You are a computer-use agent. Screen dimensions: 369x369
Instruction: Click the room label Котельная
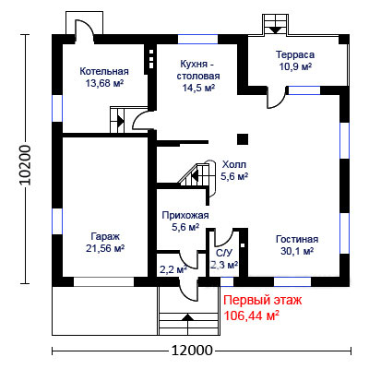pos(104,71)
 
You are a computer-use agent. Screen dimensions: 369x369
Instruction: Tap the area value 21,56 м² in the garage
pos(105,248)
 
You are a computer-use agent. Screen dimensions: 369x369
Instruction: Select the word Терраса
pos(295,55)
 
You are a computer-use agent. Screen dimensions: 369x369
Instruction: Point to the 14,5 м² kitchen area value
pos(198,88)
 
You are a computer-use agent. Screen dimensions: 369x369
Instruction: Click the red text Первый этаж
pos(263,300)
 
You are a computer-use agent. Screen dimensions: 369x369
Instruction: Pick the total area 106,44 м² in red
pos(252,315)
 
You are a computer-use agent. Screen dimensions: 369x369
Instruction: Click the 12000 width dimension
pos(192,351)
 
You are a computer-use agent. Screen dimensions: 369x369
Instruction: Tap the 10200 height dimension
pos(26,165)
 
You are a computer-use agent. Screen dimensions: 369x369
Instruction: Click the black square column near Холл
pos(243,139)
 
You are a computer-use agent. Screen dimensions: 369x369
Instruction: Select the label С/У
pos(224,253)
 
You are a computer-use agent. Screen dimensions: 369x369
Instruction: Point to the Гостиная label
pos(297,239)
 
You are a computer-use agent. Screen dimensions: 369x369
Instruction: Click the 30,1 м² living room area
pos(297,251)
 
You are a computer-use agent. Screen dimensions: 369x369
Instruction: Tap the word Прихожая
pos(185,215)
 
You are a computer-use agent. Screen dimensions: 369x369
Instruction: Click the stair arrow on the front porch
pos(188,317)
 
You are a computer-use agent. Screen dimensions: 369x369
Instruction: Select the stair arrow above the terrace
pos(275,30)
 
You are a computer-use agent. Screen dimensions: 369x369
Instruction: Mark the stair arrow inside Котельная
pos(121,121)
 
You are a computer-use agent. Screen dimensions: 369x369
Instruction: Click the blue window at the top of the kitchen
pos(197,40)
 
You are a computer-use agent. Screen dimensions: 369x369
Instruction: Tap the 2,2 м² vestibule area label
pos(174,269)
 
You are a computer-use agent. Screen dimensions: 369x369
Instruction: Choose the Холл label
pos(234,165)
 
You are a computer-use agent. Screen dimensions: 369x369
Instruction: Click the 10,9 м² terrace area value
pos(295,66)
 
